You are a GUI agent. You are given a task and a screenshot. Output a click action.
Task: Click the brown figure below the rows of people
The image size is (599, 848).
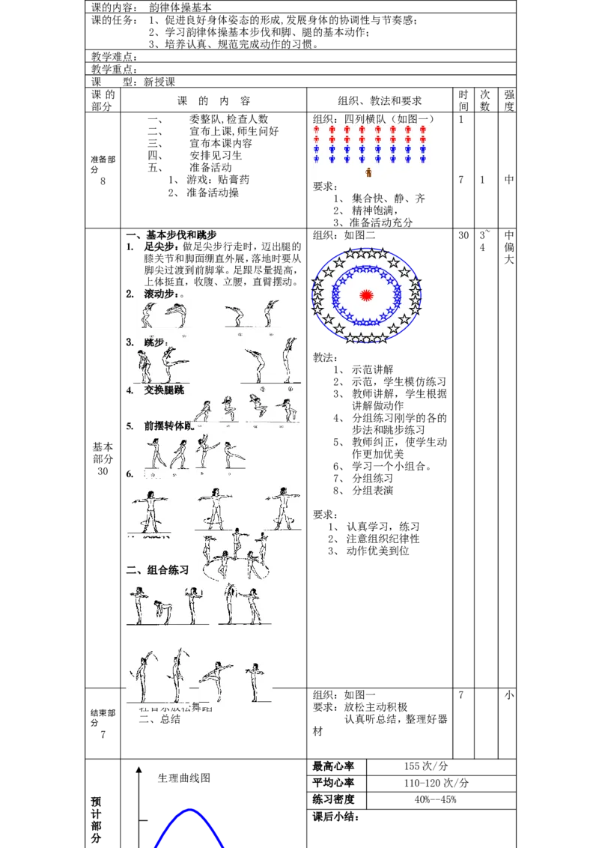(x=368, y=172)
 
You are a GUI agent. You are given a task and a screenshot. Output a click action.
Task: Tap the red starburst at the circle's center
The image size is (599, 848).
(x=366, y=294)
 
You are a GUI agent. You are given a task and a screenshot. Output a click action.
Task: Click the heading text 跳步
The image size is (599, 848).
(x=156, y=342)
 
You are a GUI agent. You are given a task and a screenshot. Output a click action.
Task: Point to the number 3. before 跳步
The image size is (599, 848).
(x=130, y=342)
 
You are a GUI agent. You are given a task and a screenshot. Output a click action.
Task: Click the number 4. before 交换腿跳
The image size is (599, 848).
(x=130, y=390)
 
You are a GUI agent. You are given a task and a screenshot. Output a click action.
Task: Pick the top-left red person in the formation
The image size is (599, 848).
(x=316, y=129)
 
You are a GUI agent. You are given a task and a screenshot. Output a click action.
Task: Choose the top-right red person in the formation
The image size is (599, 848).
(x=423, y=129)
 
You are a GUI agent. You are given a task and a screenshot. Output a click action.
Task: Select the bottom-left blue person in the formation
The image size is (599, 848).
(x=316, y=159)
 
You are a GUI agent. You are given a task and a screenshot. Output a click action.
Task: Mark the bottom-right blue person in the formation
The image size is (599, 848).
(x=423, y=159)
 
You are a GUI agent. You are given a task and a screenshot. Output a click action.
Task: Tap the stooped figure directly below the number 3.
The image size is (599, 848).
(x=145, y=367)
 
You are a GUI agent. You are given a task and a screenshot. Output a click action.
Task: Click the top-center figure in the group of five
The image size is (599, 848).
(x=237, y=541)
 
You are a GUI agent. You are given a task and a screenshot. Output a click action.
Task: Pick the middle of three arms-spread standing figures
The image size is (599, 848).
(x=215, y=506)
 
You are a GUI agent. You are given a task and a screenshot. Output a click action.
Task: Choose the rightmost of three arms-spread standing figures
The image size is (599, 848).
(x=282, y=506)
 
